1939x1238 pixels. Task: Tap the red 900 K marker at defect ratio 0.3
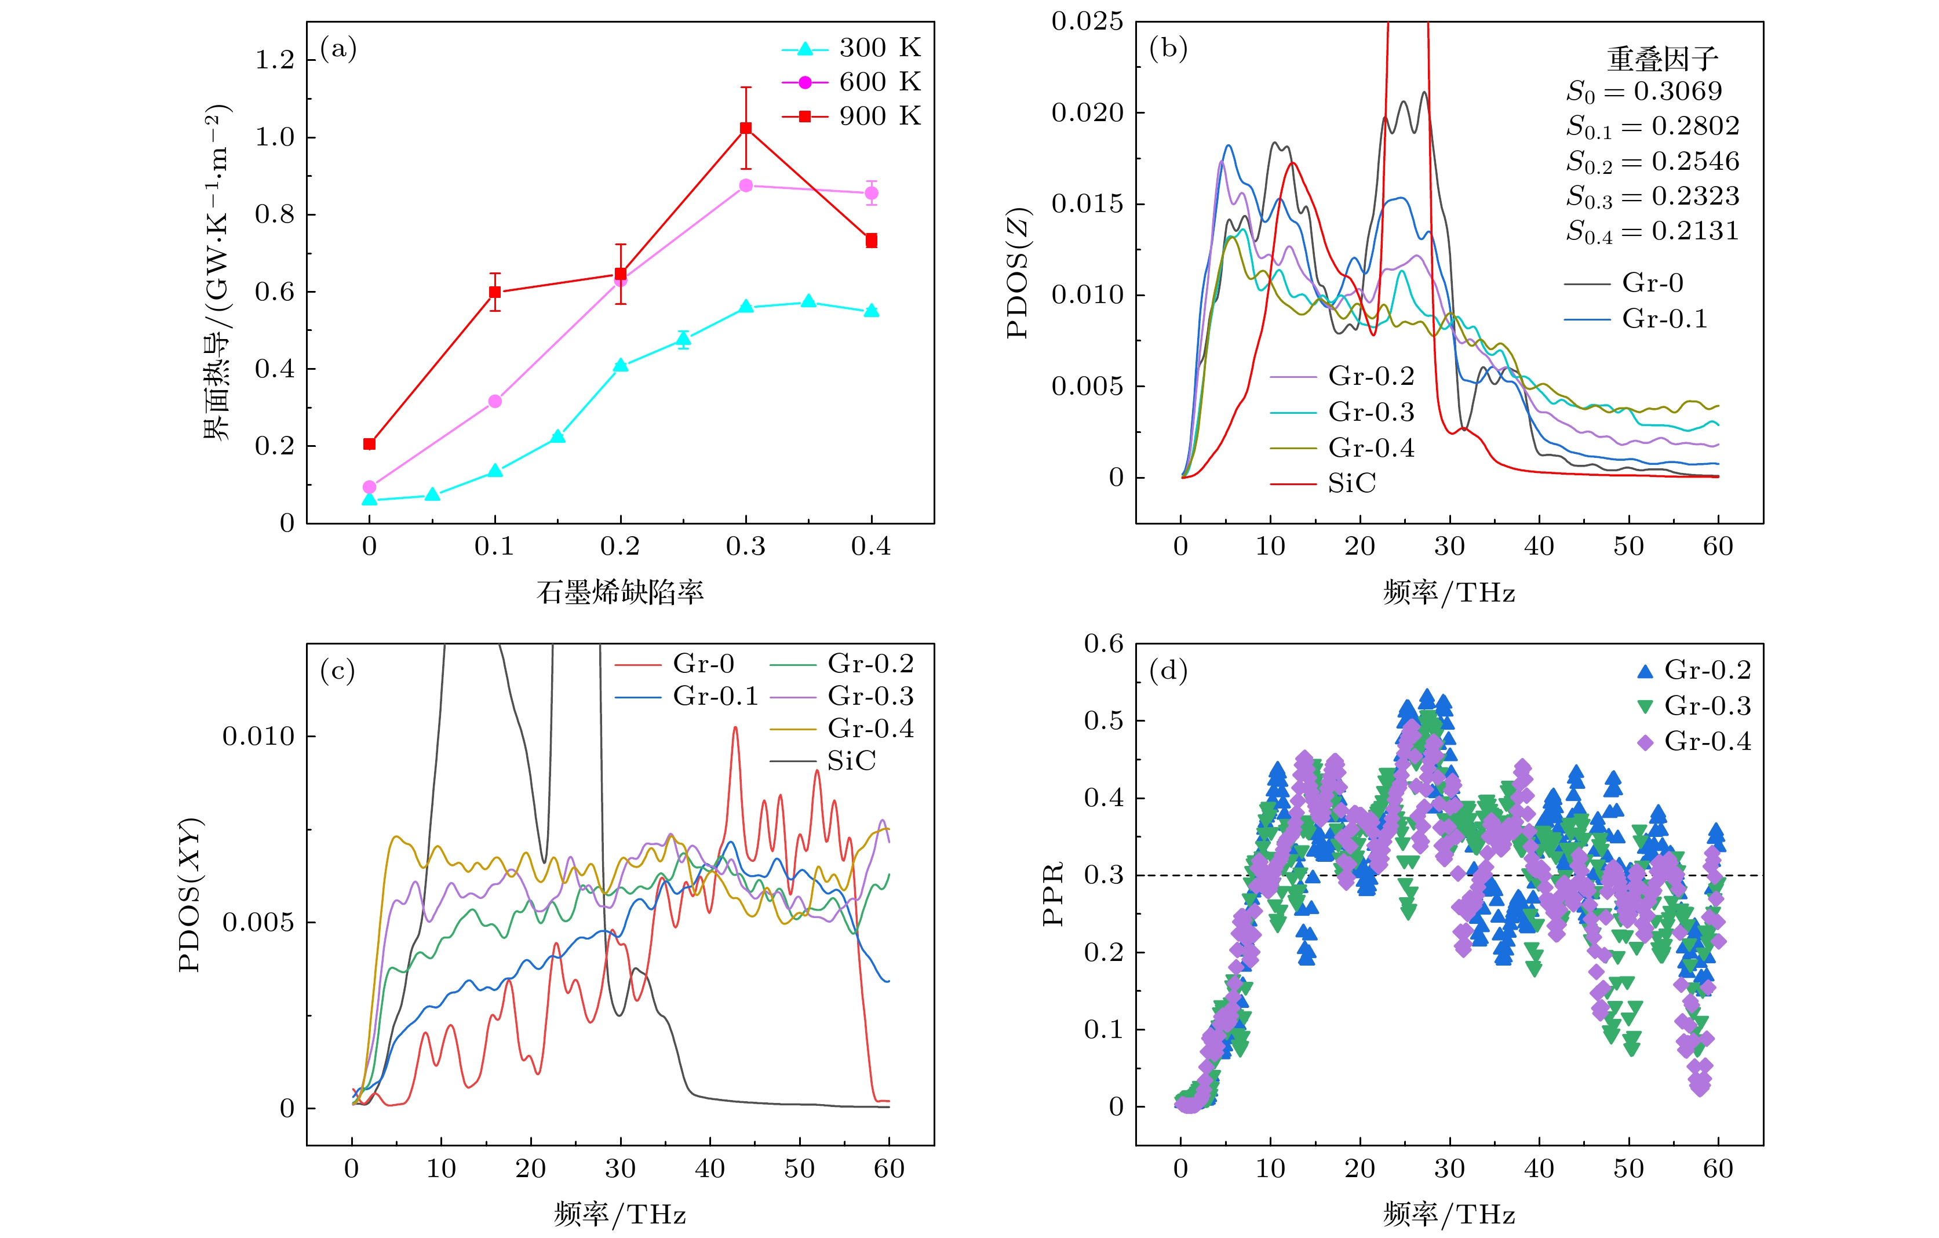[746, 128]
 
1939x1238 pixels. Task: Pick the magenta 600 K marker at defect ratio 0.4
[871, 194]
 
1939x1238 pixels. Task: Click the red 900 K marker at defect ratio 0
[370, 444]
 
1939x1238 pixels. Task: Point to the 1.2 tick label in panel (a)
[275, 60]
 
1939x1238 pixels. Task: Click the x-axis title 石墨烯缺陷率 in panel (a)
[620, 592]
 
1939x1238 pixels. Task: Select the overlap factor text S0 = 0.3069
[1643, 92]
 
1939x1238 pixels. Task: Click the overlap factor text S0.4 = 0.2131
[1652, 232]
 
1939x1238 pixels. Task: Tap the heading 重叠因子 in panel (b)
[1662, 59]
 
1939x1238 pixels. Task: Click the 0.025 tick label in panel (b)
[1087, 22]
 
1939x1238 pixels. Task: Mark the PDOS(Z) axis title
[1019, 274]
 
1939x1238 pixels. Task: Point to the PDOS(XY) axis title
[190, 895]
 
